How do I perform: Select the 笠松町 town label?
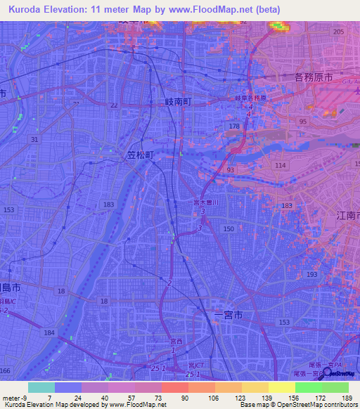[141, 152]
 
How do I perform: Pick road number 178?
[235, 126]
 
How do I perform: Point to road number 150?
[229, 229]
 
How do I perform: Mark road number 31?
[34, 140]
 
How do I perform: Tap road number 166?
[5, 370]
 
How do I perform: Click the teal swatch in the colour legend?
[41, 387]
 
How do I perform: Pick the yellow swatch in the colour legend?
[282, 387]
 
